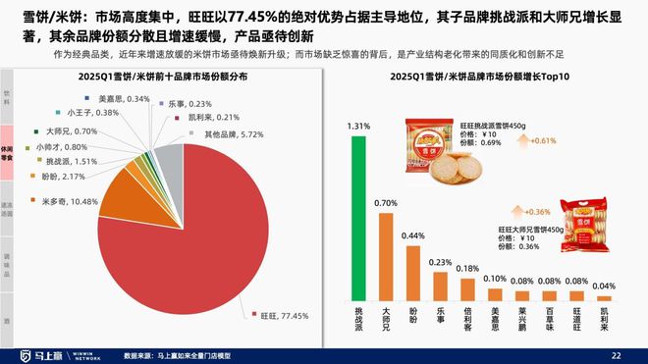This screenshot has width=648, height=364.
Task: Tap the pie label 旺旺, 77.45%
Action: pyautogui.click(x=284, y=316)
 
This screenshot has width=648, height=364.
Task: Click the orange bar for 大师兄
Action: pyautogui.click(x=386, y=256)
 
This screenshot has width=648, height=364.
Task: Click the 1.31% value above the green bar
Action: pyautogui.click(x=358, y=127)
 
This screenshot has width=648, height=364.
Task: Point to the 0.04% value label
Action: pyautogui.click(x=605, y=286)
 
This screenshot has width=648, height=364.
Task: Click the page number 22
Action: pyautogui.click(x=616, y=354)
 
